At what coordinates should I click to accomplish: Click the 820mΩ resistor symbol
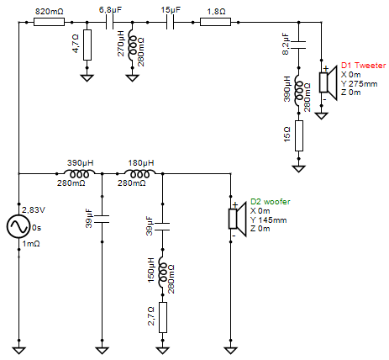click(50, 24)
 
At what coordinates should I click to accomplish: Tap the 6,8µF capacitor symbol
click(109, 24)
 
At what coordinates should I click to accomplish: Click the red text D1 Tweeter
click(362, 65)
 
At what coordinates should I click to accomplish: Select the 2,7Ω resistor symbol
click(163, 316)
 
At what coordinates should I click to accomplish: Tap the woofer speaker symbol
click(236, 217)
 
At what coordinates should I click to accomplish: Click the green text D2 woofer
click(271, 202)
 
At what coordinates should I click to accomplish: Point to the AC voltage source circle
click(18, 226)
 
